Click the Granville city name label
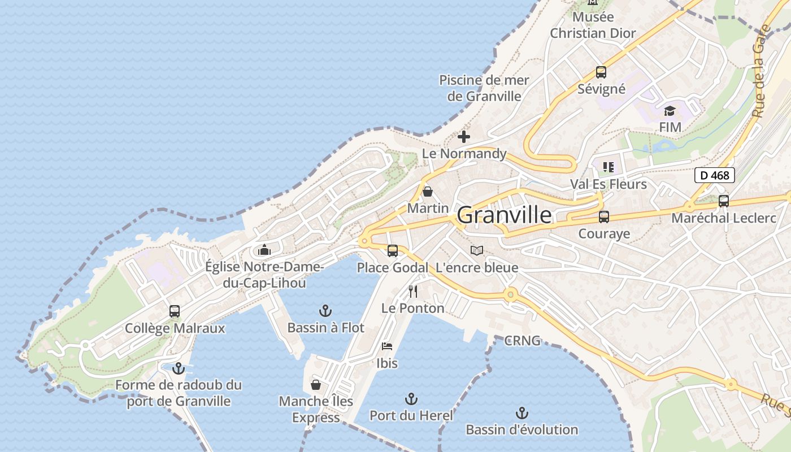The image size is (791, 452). [x=504, y=215]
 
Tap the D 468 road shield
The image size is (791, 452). [x=714, y=175]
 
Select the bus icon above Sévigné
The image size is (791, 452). [x=601, y=72]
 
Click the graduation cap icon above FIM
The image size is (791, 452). [x=670, y=111]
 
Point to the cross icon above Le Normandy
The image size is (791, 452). [x=464, y=137]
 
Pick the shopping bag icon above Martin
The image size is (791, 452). [x=428, y=192]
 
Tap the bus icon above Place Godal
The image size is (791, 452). [x=392, y=250]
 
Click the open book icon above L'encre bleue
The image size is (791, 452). [x=477, y=250]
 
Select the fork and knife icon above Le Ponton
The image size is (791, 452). [x=413, y=292]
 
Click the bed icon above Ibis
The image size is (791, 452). [x=387, y=346]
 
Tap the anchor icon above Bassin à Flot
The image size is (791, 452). [x=325, y=311]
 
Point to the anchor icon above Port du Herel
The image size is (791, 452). [x=411, y=399]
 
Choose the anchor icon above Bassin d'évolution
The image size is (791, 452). [x=522, y=413]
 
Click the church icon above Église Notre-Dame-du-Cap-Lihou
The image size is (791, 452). [x=264, y=250]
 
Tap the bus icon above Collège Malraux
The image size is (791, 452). [x=175, y=311]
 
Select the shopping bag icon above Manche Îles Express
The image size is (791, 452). [x=316, y=385]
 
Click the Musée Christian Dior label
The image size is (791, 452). [x=593, y=25]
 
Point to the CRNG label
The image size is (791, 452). [x=522, y=341]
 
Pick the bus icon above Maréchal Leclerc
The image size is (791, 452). [x=723, y=201]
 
